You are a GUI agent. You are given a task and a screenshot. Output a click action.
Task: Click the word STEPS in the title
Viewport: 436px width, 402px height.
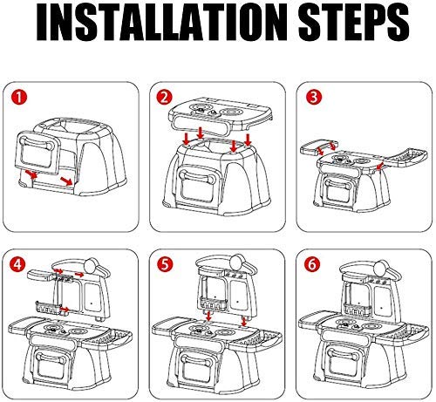(x=353, y=23)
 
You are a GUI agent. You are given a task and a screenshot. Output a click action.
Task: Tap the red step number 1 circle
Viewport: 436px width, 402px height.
(x=19, y=98)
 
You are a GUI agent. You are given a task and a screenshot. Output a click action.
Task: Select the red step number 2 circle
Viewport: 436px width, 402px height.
(x=164, y=97)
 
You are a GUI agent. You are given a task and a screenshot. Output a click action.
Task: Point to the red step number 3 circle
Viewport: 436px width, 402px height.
(x=314, y=97)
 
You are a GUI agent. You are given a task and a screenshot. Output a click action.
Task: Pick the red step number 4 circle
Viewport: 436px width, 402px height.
(x=17, y=264)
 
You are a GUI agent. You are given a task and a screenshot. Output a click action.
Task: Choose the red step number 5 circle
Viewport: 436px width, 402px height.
(x=165, y=264)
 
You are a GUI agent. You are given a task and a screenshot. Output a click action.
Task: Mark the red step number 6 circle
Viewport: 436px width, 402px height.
(x=311, y=264)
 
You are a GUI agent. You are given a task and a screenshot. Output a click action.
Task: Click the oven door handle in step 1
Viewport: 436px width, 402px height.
(x=37, y=143)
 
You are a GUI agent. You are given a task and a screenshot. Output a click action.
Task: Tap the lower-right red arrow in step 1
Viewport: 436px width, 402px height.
(x=66, y=181)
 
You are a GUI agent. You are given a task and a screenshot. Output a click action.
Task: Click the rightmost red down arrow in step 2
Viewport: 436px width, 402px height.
(x=248, y=140)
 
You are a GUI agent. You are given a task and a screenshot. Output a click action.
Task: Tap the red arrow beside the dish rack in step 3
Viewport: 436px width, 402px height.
(x=379, y=166)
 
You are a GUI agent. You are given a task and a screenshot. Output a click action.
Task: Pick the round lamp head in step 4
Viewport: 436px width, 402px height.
(x=92, y=265)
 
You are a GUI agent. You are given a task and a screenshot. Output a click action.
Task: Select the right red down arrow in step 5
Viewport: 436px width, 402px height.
(x=244, y=321)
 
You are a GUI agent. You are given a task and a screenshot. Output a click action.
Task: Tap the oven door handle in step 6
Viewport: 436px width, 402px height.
(x=344, y=353)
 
